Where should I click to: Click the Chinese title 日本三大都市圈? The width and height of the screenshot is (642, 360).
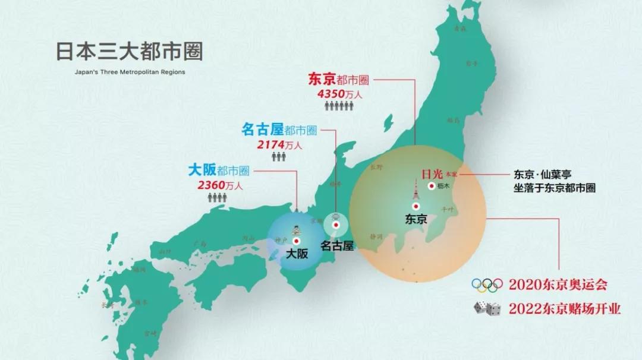click(x=129, y=52)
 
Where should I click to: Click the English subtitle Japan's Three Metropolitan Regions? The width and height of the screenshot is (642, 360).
click(x=130, y=72)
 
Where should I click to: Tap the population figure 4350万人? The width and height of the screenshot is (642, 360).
click(x=339, y=93)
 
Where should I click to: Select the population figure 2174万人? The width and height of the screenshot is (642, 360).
click(x=279, y=144)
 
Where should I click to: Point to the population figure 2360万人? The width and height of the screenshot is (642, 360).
click(x=220, y=185)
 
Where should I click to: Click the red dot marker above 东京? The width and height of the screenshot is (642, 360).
click(x=416, y=207)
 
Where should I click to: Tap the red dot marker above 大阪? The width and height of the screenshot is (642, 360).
click(x=296, y=241)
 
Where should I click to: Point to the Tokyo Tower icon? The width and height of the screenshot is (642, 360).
click(x=416, y=190)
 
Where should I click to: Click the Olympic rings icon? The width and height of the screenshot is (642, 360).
click(x=487, y=285)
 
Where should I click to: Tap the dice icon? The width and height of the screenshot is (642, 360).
click(x=486, y=308)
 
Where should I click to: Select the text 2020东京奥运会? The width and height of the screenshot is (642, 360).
click(x=558, y=285)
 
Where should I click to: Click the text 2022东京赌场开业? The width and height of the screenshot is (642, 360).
click(x=565, y=309)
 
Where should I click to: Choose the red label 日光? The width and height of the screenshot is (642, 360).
click(x=432, y=174)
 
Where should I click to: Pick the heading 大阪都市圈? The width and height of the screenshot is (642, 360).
click(x=218, y=170)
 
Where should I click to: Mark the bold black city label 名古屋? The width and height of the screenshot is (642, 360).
click(x=336, y=244)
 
